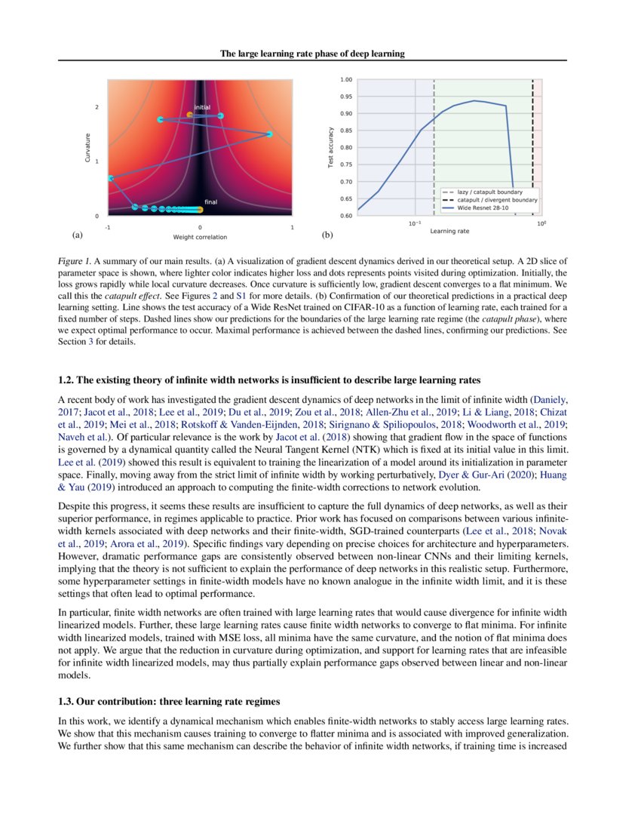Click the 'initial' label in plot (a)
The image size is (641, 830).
pyautogui.click(x=202, y=107)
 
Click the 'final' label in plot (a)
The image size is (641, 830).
pyautogui.click(x=211, y=201)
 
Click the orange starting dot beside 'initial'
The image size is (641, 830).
pyautogui.click(x=189, y=115)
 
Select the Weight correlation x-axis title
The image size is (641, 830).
pyautogui.click(x=200, y=237)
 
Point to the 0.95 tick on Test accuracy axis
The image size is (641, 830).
pyautogui.click(x=345, y=97)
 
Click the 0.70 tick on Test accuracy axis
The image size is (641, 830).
pyautogui.click(x=345, y=182)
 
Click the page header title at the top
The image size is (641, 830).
pyautogui.click(x=312, y=54)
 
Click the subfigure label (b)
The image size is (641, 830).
pyautogui.click(x=327, y=235)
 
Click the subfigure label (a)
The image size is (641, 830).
pyautogui.click(x=77, y=235)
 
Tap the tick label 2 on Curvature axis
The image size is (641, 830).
pyautogui.click(x=97, y=107)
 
